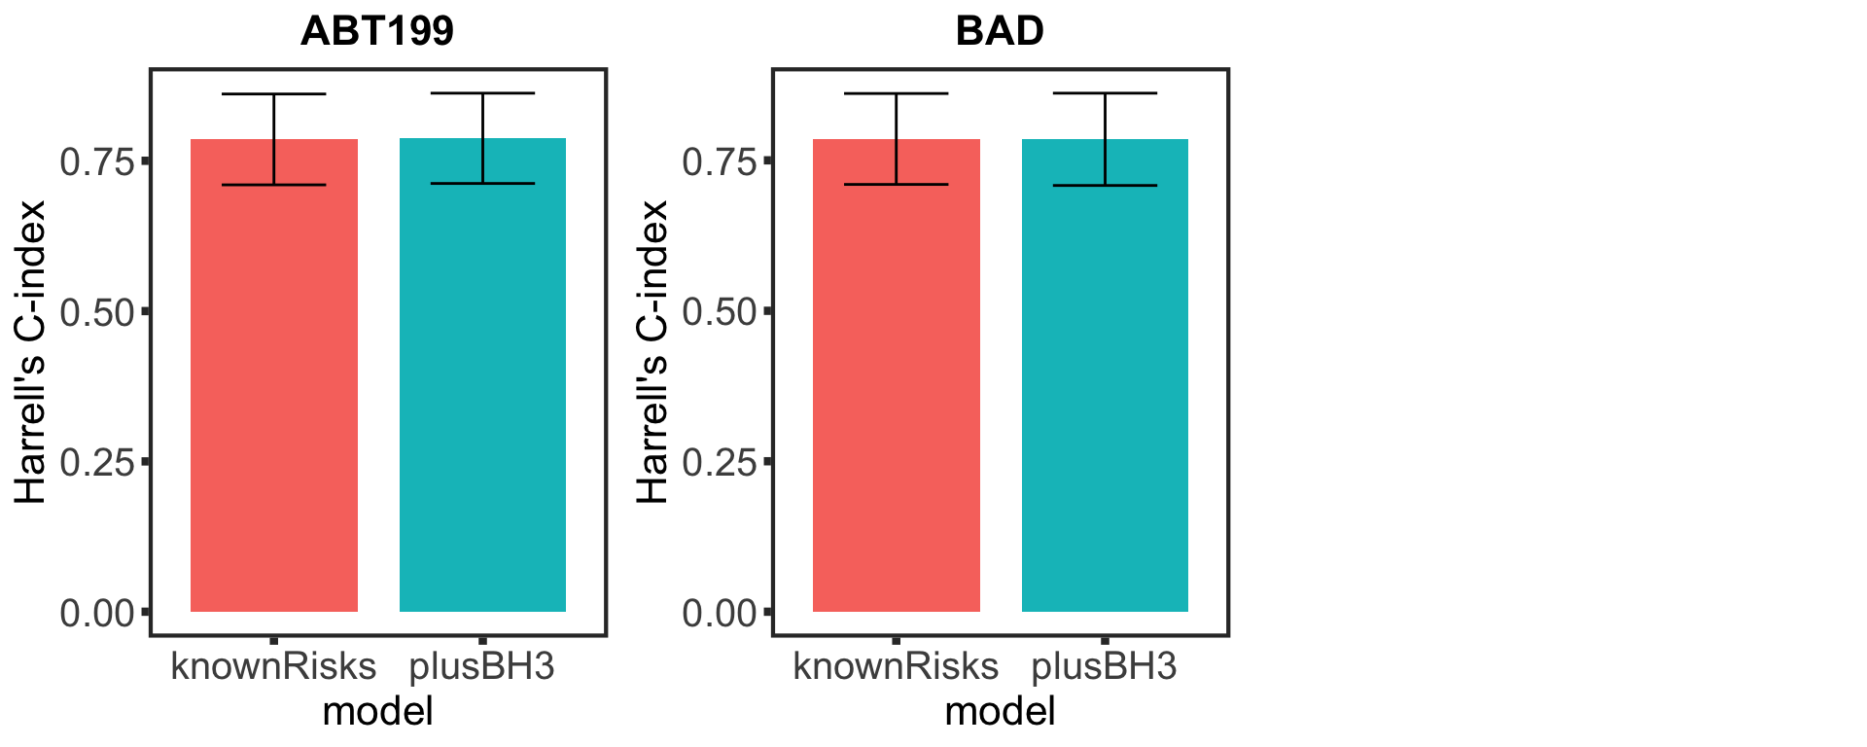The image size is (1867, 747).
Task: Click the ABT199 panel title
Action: point(377,31)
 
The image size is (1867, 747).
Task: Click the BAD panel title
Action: point(1000,31)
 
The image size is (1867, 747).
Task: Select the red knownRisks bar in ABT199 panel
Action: point(274,389)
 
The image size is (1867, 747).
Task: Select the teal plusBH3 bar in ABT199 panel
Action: point(482,389)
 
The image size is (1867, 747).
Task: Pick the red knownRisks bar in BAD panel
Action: point(897,389)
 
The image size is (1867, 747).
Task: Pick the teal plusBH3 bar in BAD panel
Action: point(1105,389)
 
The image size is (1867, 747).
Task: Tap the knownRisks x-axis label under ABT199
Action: point(273,666)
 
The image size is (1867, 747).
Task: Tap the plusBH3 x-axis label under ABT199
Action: point(482,666)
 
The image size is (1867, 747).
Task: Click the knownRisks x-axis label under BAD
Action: point(896,666)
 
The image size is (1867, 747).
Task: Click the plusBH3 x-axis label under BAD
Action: point(1105,666)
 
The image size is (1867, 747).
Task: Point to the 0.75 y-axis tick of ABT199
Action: point(97,161)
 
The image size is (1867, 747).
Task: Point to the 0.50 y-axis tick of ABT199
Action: point(97,312)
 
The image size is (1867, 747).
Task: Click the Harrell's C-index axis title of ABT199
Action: point(31,352)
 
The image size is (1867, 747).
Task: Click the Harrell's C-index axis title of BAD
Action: point(653,352)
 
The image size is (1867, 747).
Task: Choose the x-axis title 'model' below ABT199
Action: point(377,712)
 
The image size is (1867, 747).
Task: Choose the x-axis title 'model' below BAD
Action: point(1000,712)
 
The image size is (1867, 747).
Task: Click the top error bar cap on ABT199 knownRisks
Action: point(274,94)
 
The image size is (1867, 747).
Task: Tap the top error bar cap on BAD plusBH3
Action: point(1105,93)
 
